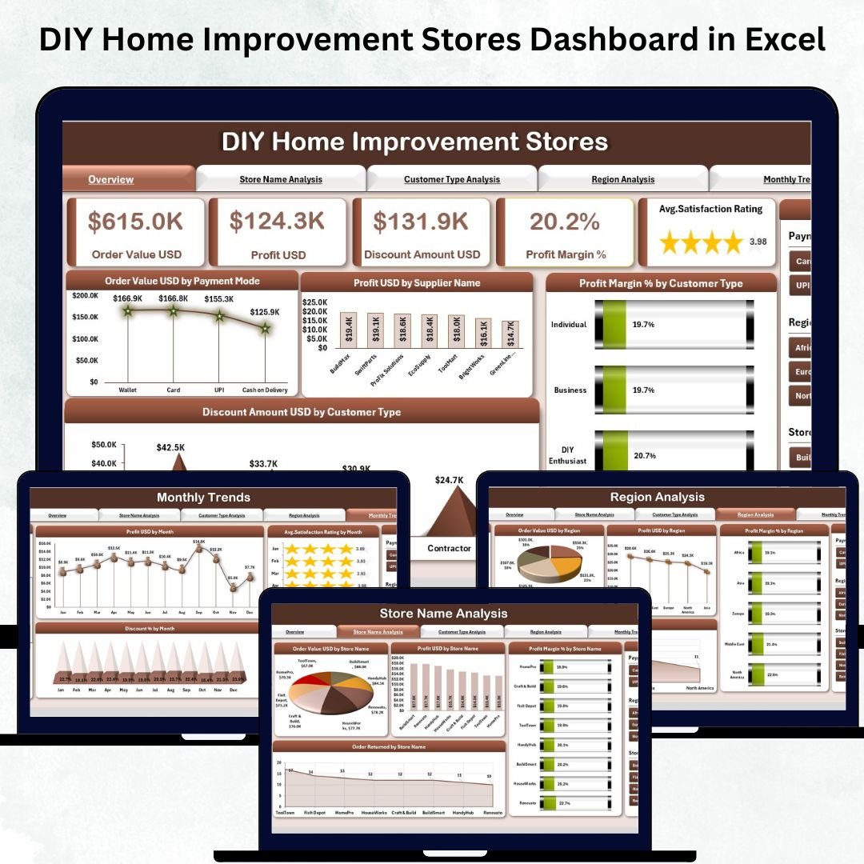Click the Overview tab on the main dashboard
coord(111,179)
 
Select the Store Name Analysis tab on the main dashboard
coord(281,179)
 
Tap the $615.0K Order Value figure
coord(135,222)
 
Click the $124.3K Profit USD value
coord(277,222)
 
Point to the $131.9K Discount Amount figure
coord(421,222)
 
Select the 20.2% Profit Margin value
coord(565,222)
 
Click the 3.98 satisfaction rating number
coord(758,242)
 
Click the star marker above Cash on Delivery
coord(265,328)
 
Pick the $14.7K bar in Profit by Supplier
coord(510,334)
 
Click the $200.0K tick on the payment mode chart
coord(85,295)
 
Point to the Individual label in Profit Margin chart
coord(569,325)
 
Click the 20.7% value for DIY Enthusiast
coord(644,455)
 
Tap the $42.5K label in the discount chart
coord(170,447)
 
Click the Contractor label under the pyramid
coord(449,548)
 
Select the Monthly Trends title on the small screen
coord(203,498)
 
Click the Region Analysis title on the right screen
coord(658,497)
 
